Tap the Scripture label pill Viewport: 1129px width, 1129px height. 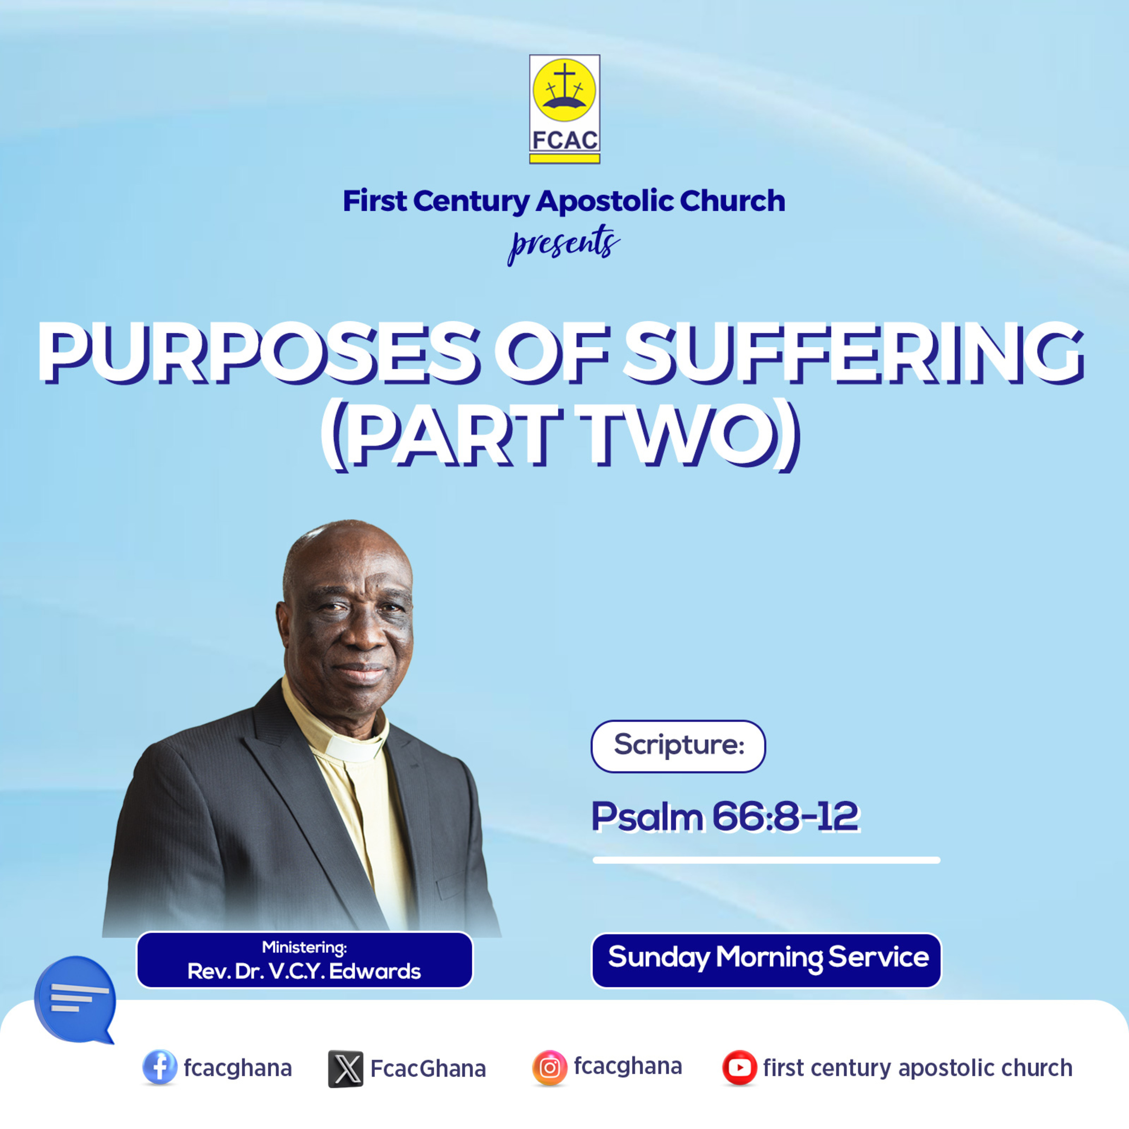678,746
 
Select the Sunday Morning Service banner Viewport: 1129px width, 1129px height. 767,960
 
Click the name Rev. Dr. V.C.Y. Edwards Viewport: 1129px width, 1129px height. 304,971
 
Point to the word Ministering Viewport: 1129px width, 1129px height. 304,947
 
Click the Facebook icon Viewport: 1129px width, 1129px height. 160,1068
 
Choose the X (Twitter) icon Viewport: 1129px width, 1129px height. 345,1069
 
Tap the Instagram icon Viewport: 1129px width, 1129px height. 549,1068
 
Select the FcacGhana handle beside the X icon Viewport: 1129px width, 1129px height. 428,1069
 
